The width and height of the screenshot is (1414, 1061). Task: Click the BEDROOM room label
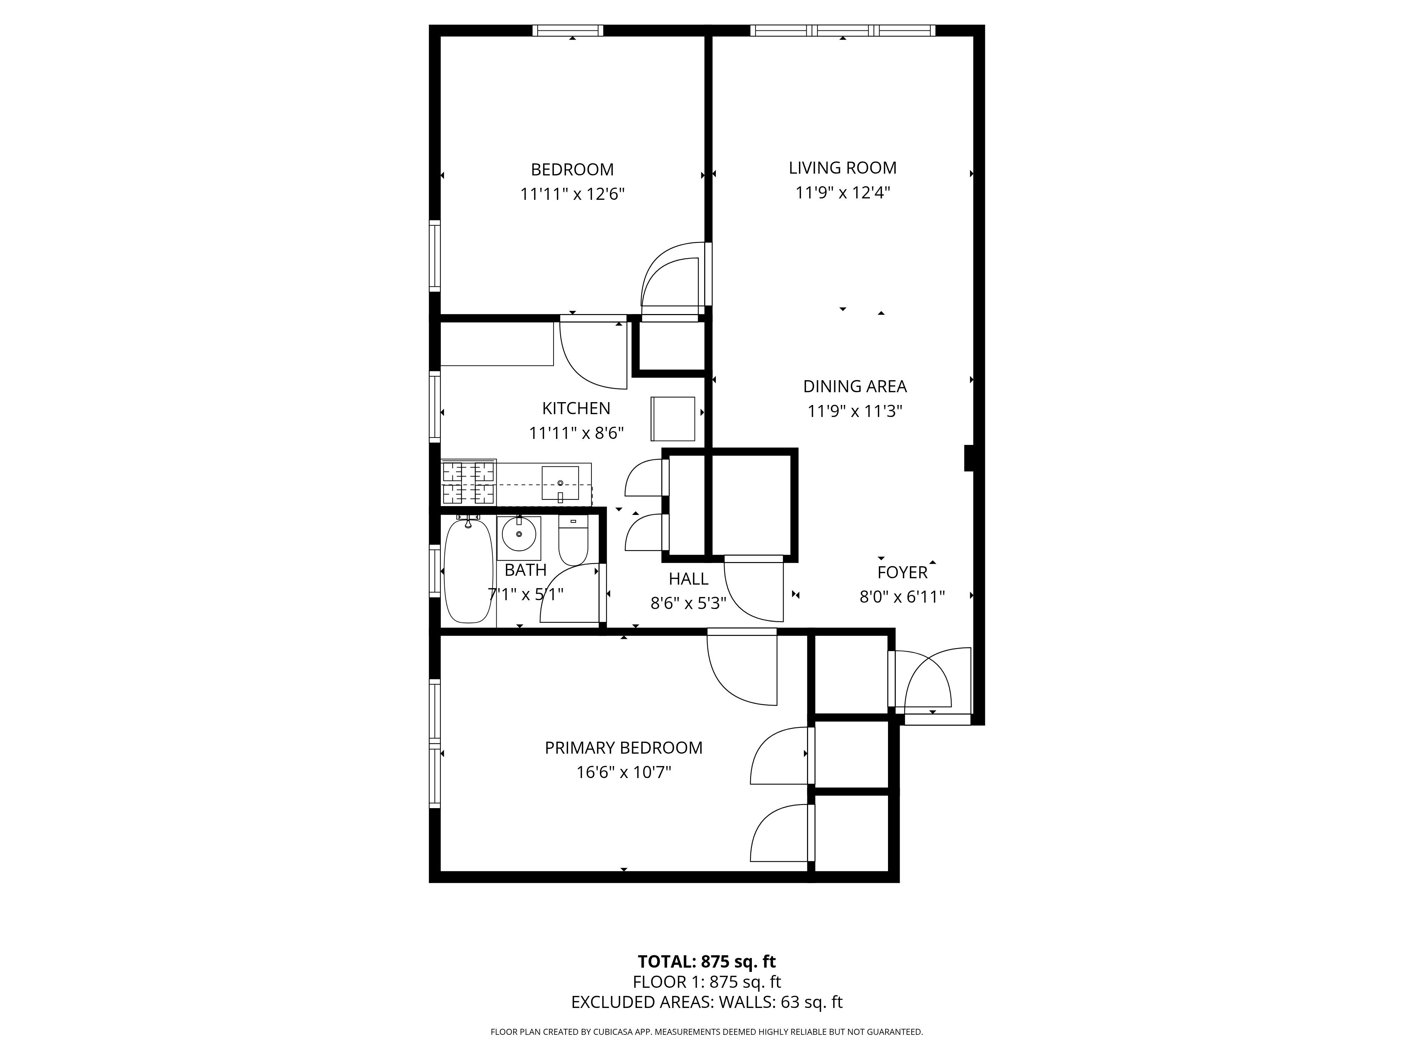tap(572, 169)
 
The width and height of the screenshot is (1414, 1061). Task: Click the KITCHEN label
tap(576, 408)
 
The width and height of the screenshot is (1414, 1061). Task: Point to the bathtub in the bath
tap(468, 571)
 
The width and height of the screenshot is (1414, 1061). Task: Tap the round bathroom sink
tap(519, 533)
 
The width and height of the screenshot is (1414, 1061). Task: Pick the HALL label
tap(689, 579)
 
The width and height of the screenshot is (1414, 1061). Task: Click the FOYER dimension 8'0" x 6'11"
tap(902, 597)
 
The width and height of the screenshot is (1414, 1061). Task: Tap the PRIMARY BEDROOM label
tap(623, 748)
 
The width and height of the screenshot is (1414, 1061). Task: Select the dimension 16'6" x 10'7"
tap(623, 772)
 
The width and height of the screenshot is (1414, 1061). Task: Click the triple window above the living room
tap(842, 30)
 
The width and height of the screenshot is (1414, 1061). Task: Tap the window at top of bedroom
tap(568, 30)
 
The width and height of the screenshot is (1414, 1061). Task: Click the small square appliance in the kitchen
tap(672, 419)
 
